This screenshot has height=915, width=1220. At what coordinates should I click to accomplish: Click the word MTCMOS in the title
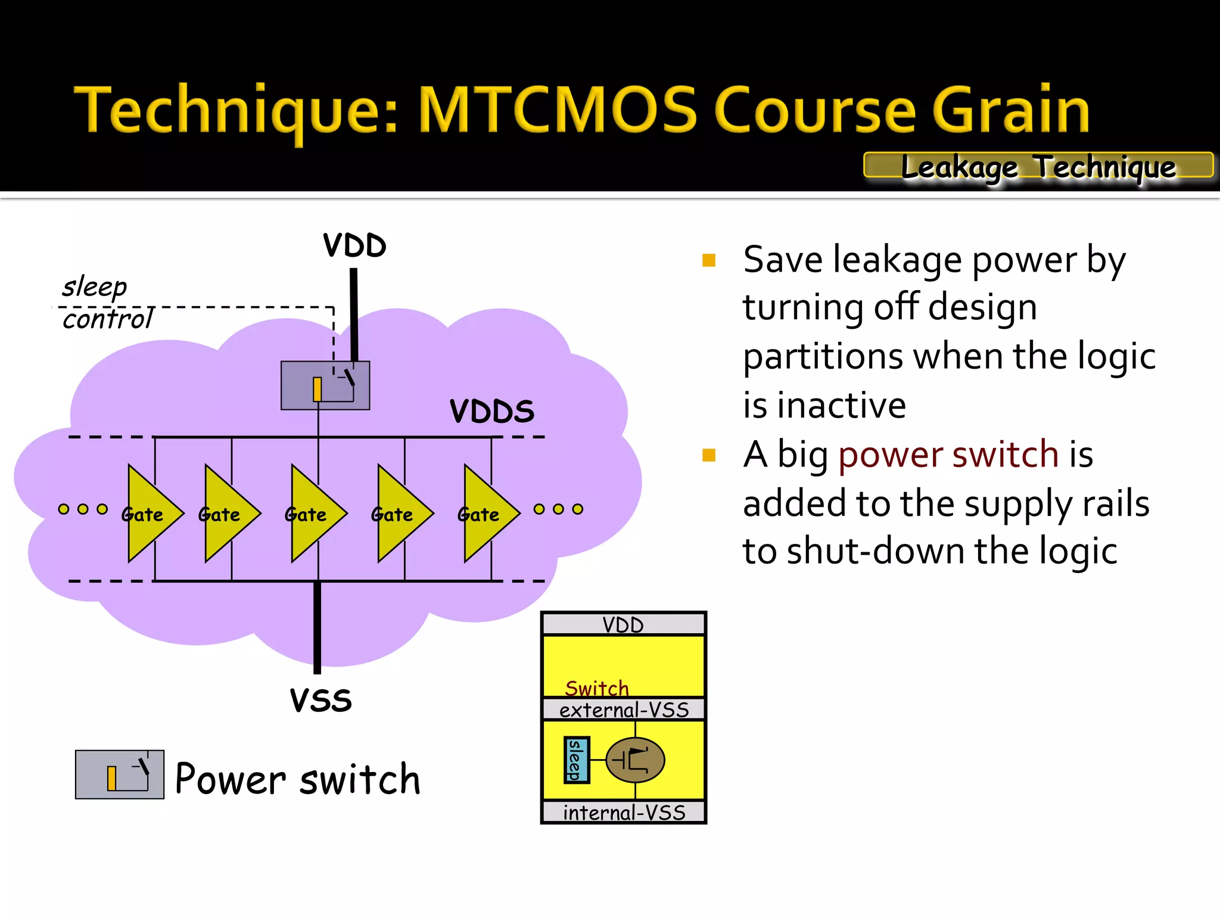point(557,110)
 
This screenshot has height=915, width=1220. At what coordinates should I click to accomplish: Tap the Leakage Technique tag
point(1038,166)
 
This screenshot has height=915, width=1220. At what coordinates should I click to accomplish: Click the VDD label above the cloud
point(354,245)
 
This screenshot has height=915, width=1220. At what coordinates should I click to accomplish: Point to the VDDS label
point(491,411)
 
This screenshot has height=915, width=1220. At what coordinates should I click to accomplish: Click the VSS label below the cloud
point(320,700)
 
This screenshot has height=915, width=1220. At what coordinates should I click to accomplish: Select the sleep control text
point(104,303)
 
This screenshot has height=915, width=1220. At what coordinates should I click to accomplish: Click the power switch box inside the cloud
point(325,385)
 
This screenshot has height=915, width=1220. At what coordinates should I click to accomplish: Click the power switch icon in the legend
point(120,774)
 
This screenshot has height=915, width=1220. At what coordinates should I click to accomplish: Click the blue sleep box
point(576,760)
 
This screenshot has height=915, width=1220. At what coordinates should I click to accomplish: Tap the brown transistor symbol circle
point(635,760)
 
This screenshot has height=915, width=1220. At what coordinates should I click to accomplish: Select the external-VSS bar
point(623,709)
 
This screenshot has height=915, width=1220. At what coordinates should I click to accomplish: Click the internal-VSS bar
point(623,813)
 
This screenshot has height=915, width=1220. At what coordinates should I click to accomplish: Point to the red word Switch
point(596,688)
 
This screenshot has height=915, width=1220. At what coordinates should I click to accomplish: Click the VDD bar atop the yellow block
point(623,624)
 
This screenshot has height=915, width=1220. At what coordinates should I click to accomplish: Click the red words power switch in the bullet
point(948,455)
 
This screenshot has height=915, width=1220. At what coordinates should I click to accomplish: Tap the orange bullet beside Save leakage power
point(708,260)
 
